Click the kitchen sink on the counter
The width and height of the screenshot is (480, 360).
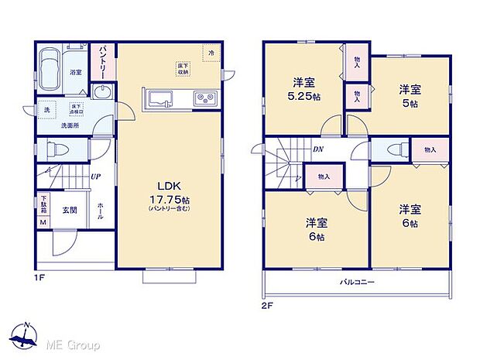coord(162,98)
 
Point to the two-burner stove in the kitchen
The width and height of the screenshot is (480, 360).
coord(204,98)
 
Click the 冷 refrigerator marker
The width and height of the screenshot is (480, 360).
coord(212,52)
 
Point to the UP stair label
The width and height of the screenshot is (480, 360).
coord(95,177)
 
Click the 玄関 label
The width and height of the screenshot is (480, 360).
coord(70,209)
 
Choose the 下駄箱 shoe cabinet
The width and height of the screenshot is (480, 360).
coord(43,205)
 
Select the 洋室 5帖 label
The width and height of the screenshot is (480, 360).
coord(410,94)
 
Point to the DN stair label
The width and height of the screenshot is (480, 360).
coord(317,149)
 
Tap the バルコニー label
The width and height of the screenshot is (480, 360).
coord(357,283)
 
